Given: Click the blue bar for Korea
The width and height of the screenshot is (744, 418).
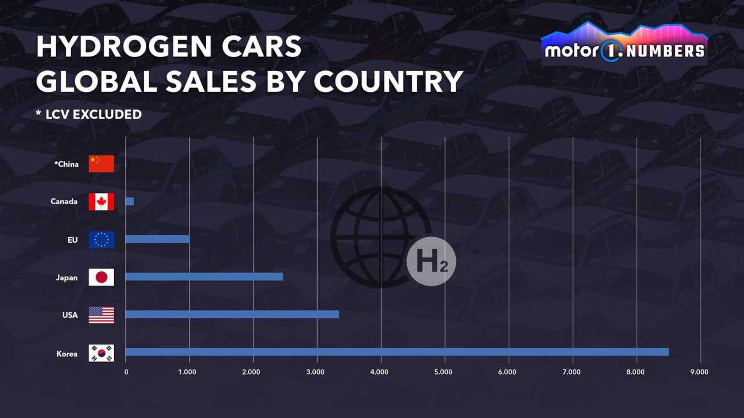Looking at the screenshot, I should [x=397, y=352].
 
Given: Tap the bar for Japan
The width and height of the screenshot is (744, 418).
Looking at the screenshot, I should [x=204, y=277].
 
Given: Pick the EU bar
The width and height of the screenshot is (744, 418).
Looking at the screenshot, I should [x=157, y=239].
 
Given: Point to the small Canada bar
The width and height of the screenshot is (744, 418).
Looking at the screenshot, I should [x=129, y=201].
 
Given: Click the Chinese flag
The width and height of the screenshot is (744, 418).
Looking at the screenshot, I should [x=101, y=164].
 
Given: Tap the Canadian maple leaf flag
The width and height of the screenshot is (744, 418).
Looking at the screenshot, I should [x=101, y=202].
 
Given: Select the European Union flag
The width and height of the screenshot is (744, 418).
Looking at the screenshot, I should [x=101, y=240].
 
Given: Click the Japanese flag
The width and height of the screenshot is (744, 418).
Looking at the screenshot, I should [x=101, y=277].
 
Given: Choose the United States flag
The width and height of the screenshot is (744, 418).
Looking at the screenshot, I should [x=101, y=315].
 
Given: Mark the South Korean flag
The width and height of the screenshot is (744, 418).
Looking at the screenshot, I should [x=101, y=353].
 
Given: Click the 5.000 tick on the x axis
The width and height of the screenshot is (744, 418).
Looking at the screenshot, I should [x=443, y=372].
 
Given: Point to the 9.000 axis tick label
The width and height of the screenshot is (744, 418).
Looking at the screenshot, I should [x=699, y=372].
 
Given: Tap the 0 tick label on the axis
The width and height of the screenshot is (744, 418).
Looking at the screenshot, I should [x=126, y=372].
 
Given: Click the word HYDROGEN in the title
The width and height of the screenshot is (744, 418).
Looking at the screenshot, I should [x=124, y=47].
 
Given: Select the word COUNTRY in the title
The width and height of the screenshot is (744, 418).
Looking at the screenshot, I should [x=388, y=82].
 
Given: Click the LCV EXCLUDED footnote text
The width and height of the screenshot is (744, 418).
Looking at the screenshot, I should [x=93, y=115].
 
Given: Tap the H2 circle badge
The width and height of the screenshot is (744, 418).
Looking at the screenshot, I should [x=431, y=261].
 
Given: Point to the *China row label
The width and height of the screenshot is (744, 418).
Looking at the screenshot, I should [x=67, y=164].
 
